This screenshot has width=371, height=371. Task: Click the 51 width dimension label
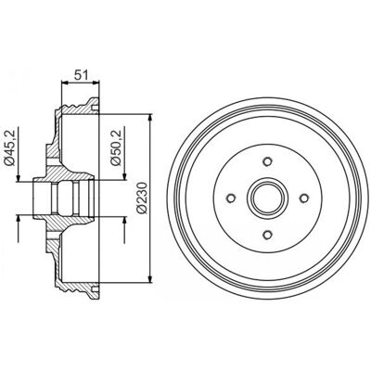pos(82,75)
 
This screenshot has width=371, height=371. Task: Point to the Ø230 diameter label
pos(142,198)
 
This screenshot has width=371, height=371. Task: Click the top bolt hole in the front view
pos(267,161)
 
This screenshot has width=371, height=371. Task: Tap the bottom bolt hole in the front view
pos(267,235)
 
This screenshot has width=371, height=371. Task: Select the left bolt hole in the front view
pos(231,198)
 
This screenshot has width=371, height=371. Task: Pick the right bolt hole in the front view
pos(304,198)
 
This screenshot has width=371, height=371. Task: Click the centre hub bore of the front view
pos(267,198)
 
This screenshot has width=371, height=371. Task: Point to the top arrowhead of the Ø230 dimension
pos(150,119)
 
